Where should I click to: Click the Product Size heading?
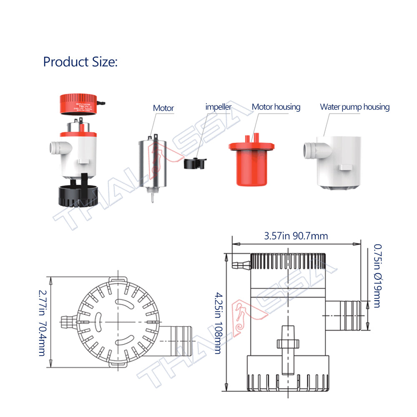coord(80,62)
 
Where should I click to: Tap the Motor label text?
coord(163,108)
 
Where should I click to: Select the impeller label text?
coord(218,107)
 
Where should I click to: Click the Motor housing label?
coord(276,107)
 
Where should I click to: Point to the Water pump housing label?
coord(354,107)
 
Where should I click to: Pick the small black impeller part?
coord(195,163)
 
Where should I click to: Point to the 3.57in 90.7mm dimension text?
coord(296,236)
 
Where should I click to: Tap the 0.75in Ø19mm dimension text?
coord(377,276)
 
